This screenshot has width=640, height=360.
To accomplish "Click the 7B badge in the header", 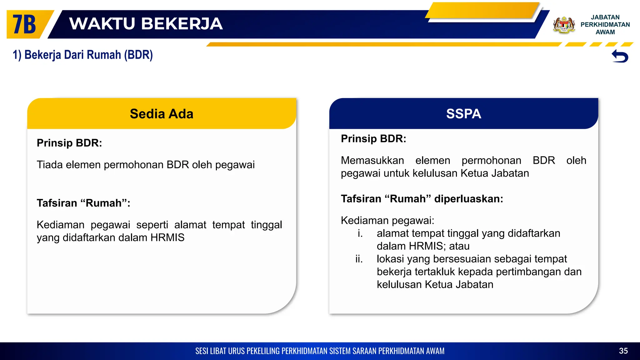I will click(x=24, y=24).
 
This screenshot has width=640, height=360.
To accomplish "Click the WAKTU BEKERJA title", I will click(x=146, y=24).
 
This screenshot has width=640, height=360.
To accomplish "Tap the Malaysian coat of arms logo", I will click(x=564, y=25).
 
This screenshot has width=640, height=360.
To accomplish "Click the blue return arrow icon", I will click(x=620, y=56).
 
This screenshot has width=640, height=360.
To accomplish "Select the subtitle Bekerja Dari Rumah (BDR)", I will click(x=83, y=55).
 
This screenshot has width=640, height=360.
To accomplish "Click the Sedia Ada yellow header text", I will click(x=162, y=114).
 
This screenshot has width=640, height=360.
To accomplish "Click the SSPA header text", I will click(x=463, y=114).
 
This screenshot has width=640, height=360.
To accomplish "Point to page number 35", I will click(x=623, y=351).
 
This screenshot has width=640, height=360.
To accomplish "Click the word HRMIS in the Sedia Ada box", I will click(x=167, y=237).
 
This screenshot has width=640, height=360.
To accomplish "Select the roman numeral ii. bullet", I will click(x=359, y=259).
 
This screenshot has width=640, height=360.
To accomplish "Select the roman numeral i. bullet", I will click(x=360, y=233).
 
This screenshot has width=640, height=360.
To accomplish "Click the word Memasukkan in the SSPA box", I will click(x=372, y=160).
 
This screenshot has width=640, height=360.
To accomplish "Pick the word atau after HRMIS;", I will click(x=459, y=246).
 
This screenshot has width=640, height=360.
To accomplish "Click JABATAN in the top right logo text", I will click(x=605, y=17).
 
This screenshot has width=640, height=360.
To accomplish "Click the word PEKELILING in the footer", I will click(x=263, y=351).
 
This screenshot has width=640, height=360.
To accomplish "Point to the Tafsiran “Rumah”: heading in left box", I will click(x=83, y=203).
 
